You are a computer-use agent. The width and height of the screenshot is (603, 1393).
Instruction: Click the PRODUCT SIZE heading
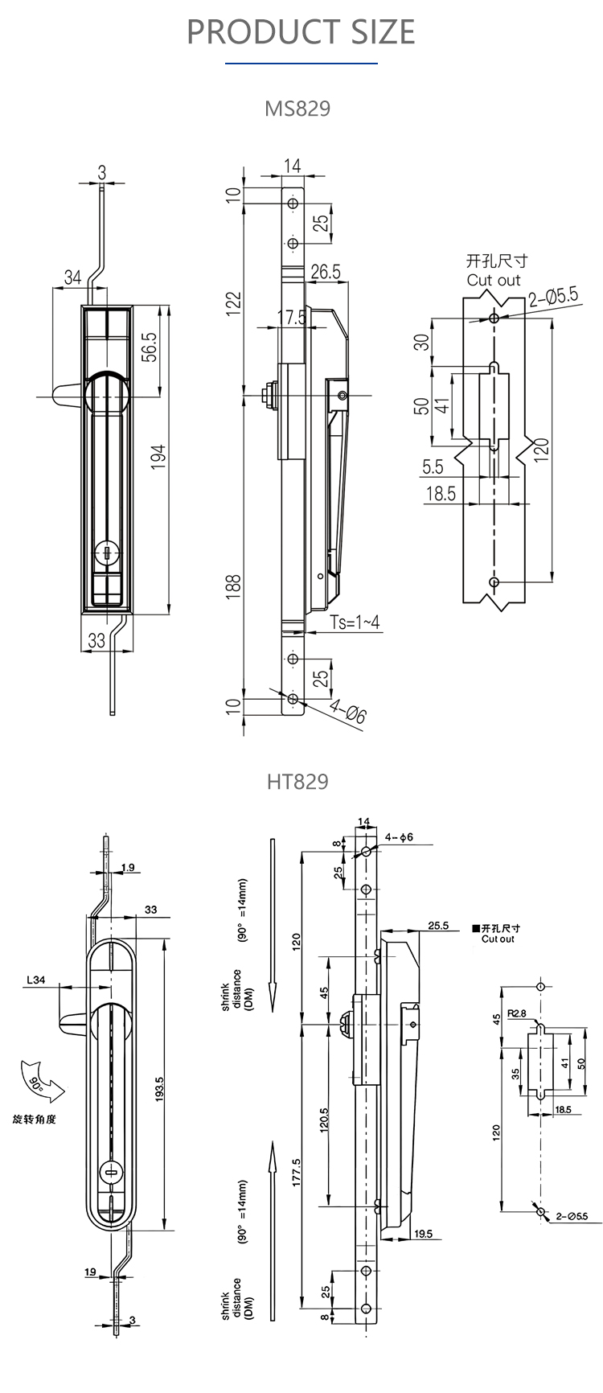point(301,31)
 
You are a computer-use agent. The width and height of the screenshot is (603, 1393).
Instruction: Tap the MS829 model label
point(297,109)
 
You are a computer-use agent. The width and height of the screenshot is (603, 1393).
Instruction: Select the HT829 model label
point(297,781)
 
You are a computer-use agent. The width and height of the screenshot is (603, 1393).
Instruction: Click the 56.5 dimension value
point(149,347)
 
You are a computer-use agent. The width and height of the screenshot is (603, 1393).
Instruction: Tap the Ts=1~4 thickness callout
point(354,623)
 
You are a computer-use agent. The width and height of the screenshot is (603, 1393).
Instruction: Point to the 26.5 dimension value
point(326,272)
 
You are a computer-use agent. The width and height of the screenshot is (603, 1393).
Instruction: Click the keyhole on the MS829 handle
point(106,553)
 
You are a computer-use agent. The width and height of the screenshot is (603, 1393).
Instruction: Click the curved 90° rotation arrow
point(40,1082)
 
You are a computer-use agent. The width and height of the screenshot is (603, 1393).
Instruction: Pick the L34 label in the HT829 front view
point(36,980)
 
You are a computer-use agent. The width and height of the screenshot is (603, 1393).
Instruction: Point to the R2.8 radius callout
point(516,1014)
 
